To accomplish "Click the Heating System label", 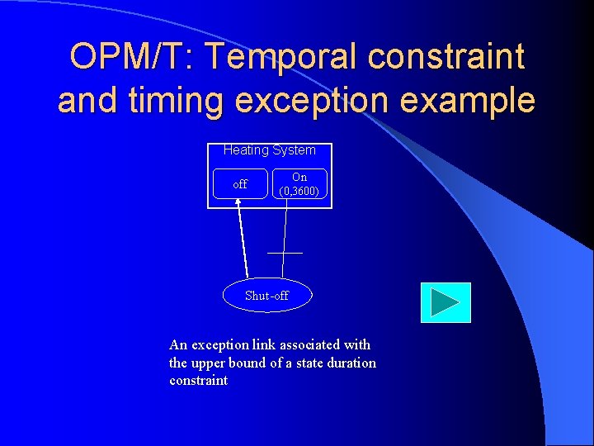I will click(269, 150).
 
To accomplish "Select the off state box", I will click(239, 184).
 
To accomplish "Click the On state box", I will click(299, 184).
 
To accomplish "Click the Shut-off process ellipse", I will click(267, 296).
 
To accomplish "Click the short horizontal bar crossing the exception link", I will click(285, 252).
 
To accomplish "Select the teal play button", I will click(445, 302).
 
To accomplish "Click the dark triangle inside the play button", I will click(445, 302).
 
